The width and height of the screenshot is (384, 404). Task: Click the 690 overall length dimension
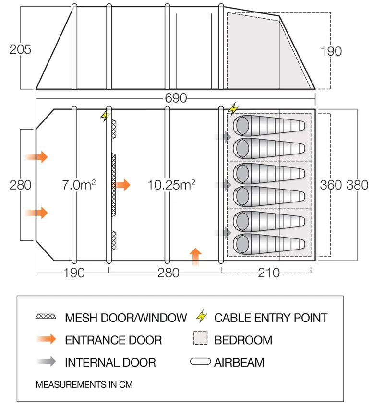click(x=175, y=98)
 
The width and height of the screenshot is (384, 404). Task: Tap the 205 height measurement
click(x=20, y=49)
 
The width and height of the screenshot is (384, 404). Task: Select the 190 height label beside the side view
click(x=331, y=51)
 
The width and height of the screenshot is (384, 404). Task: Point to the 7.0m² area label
click(x=79, y=184)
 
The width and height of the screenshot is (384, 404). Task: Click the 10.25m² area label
click(x=172, y=184)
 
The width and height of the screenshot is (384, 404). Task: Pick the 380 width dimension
click(x=358, y=185)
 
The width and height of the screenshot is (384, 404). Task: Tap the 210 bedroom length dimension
click(x=269, y=273)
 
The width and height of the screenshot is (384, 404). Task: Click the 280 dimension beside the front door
click(x=20, y=185)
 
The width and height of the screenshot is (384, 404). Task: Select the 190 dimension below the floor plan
click(x=73, y=273)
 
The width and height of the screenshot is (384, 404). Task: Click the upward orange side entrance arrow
click(x=195, y=256)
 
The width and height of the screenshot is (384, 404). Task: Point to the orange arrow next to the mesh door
click(x=123, y=184)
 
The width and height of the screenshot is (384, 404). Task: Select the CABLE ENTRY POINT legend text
click(x=271, y=317)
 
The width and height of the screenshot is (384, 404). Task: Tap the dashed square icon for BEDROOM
click(x=200, y=339)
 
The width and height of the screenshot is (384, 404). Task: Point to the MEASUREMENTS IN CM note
click(x=84, y=385)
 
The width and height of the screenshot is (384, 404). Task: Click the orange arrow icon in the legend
click(x=46, y=339)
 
